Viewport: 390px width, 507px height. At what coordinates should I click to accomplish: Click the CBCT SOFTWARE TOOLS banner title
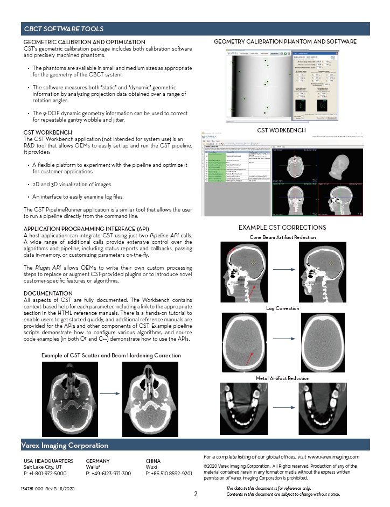[x=64, y=29]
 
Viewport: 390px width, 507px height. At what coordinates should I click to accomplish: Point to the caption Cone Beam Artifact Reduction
[x=283, y=237]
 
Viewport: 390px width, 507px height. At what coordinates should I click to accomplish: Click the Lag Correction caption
[x=282, y=308]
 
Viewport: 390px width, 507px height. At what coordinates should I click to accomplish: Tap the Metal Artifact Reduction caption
[x=283, y=378]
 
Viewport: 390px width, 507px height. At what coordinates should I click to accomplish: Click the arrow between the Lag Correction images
[x=283, y=343]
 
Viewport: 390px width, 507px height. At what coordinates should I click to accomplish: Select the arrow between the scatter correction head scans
[x=109, y=393]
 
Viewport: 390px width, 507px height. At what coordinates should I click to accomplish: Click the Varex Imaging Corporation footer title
[x=64, y=445]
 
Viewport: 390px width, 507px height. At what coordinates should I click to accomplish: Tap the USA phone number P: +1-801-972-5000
[x=45, y=474]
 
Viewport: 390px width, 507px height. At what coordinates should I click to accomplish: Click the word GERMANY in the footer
[x=97, y=461]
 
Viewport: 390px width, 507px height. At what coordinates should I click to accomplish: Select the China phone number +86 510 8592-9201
[x=169, y=474]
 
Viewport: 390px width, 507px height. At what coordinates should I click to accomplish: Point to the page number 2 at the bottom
[x=196, y=494]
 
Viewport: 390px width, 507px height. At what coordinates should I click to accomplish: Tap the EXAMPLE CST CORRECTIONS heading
[x=282, y=228]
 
